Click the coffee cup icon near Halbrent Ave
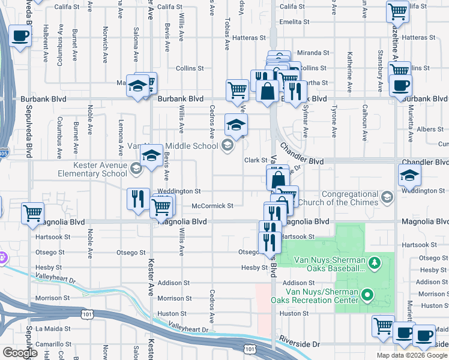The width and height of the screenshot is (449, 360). tap(20, 37)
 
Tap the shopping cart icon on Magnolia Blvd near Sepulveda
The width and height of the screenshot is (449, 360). tap(32, 213)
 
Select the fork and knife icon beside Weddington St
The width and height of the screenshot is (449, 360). tap(138, 199)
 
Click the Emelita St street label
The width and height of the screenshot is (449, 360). tap(298, 22)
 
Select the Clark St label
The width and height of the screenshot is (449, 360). tap(255, 160)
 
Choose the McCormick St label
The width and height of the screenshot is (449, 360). tap(212, 206)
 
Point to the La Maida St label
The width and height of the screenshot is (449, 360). tap(53, 329)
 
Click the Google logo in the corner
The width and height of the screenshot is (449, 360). tap(20, 353)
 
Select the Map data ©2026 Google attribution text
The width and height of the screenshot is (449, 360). tap(412, 355)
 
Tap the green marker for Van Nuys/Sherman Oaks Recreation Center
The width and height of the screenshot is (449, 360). tap(369, 294)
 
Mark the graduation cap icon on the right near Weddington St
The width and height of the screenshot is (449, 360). tap(409, 175)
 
